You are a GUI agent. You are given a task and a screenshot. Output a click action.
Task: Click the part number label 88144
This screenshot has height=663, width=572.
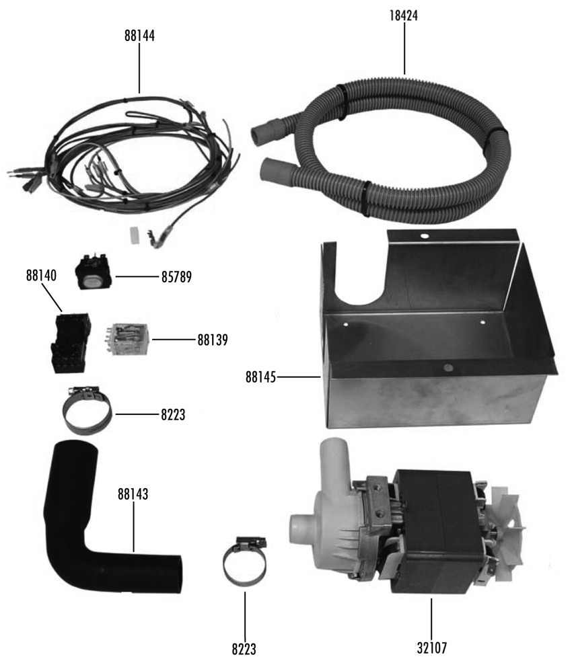pyautogui.click(x=139, y=36)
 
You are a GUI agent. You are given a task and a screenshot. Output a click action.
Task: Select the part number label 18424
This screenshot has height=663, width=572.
pyautogui.click(x=404, y=15)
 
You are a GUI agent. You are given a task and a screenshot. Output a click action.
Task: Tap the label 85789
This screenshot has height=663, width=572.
pyautogui.click(x=176, y=277)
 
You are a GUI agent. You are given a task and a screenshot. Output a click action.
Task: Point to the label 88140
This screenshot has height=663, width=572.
pyautogui.click(x=41, y=276)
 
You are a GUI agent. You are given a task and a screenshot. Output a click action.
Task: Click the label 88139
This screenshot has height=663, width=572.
pyautogui.click(x=213, y=340)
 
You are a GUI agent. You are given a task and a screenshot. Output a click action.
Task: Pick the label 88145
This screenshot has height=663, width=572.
pyautogui.click(x=260, y=377)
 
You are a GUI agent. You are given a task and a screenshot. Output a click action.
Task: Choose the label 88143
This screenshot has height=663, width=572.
pyautogui.click(x=133, y=494)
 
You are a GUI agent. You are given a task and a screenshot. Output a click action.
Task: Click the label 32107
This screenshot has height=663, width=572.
pyautogui.click(x=431, y=648)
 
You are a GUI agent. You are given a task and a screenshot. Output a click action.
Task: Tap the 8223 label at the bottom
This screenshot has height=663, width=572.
pyautogui.click(x=244, y=649)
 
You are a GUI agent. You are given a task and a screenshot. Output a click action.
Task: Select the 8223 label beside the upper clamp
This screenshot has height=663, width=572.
pyautogui.click(x=173, y=415)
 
